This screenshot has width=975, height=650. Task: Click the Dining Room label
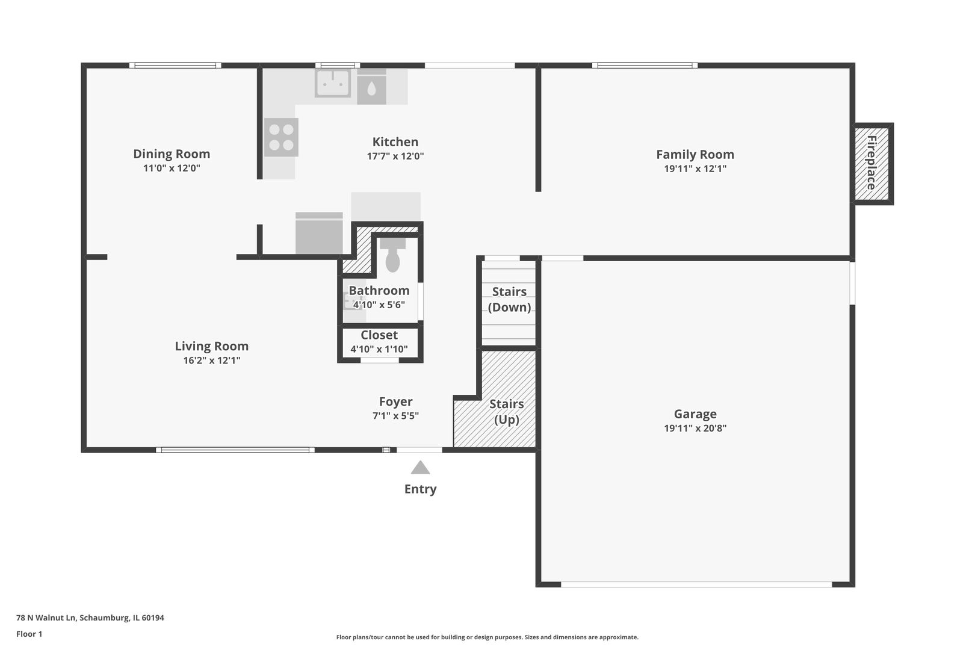coord(172,154)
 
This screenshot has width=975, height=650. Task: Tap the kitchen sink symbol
coord(333,83)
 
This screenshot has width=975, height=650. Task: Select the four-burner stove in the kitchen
coord(281,137)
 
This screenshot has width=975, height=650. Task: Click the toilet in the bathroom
coord(392,256)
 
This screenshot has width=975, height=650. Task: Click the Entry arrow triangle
coord(420,468)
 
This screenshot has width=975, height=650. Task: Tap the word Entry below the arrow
coord(420,489)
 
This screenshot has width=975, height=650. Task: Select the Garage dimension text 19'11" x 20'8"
coord(695,429)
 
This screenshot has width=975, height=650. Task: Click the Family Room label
coord(695,155)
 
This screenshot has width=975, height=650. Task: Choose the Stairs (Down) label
coord(509,299)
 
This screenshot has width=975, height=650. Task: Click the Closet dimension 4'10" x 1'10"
coord(379,349)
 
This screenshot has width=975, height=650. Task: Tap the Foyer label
coord(395,401)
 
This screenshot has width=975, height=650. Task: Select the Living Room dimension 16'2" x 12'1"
coord(211,361)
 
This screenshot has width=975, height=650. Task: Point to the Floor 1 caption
coord(29,634)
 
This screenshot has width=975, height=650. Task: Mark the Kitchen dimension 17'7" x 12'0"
coord(395,156)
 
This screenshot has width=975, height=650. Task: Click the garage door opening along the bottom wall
coord(696,584)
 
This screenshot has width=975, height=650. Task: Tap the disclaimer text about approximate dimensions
coord(487,637)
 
